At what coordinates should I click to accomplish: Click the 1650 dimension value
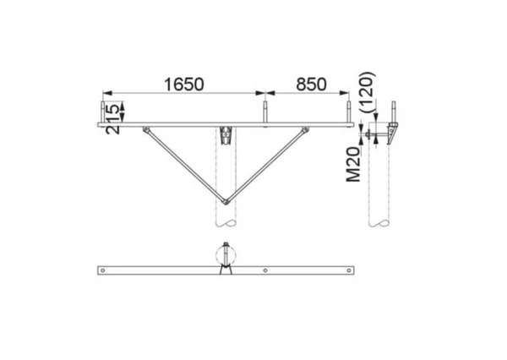[184, 85]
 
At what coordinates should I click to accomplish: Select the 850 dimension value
[311, 85]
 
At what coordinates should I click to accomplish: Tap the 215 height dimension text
[113, 118]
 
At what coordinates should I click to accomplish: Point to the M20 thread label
[353, 165]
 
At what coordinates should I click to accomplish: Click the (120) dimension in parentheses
[368, 92]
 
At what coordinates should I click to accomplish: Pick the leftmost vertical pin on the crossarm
[102, 112]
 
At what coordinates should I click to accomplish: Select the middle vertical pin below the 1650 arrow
[264, 112]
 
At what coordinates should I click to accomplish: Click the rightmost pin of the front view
[348, 112]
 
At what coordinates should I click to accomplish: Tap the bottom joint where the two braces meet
[226, 202]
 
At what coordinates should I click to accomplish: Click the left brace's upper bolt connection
[146, 130]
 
